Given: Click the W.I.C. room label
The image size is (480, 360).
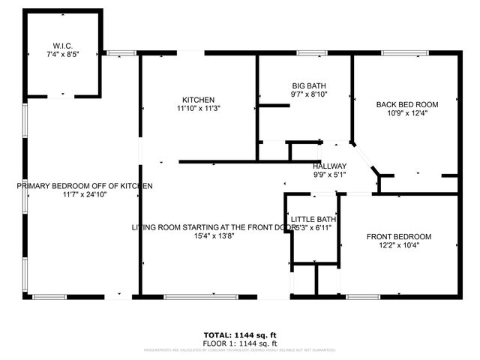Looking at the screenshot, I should point(62,44).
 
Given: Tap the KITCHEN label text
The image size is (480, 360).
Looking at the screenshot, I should point(199,100).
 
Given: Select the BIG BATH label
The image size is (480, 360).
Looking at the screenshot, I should point(310,86).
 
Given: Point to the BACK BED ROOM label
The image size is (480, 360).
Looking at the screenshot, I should point(407,104).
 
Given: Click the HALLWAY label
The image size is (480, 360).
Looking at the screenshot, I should point(330,166).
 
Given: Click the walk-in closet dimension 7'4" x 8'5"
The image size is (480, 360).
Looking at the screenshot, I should point(62,54).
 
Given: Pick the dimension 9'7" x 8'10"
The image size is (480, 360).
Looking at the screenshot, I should point(310,95).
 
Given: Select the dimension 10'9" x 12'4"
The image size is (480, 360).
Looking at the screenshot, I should point(407,114).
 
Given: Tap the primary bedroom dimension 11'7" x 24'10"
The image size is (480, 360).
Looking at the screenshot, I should point(85,195).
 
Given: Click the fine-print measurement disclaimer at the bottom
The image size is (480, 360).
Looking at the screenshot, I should point(240,349).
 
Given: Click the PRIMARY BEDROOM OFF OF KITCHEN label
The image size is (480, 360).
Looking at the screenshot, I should point(85,185).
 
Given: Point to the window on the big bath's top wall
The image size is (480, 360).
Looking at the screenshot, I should point(307,52).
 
